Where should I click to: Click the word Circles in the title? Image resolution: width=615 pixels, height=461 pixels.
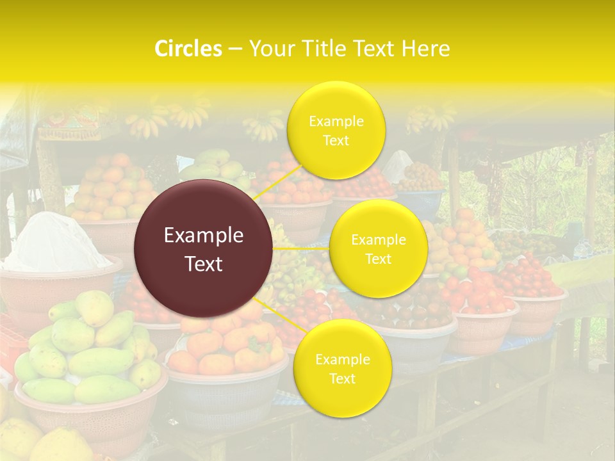click(x=188, y=49)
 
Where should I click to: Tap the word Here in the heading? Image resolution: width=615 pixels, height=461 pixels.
click(x=425, y=49)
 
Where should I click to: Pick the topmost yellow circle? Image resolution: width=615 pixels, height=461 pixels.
click(x=336, y=130)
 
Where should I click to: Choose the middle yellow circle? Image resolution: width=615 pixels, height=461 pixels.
click(x=378, y=248)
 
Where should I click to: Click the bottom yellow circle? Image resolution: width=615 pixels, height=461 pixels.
click(x=342, y=368)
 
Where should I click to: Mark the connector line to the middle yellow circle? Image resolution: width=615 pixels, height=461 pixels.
click(x=301, y=248)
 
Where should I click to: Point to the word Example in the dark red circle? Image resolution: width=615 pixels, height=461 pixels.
click(x=204, y=236)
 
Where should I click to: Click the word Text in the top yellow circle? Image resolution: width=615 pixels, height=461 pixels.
click(x=336, y=141)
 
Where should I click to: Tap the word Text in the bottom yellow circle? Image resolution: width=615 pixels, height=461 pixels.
click(x=342, y=379)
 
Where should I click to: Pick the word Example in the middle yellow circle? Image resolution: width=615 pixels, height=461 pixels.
click(x=378, y=240)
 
